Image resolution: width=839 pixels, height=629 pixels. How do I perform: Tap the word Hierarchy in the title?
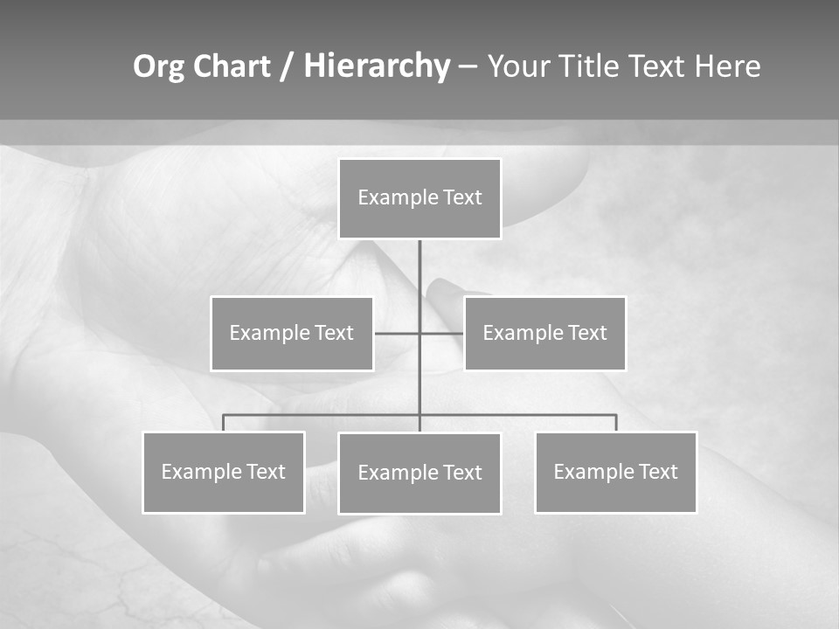(377, 66)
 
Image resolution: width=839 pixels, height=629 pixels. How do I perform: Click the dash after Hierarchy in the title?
(468, 66)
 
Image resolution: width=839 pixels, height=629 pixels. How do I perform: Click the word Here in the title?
(727, 66)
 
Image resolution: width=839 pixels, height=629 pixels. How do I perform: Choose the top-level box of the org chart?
(419, 198)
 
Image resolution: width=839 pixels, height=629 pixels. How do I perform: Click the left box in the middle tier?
(292, 333)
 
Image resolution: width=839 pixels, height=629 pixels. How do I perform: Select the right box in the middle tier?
(544, 333)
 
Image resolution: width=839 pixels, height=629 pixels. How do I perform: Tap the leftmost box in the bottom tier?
(224, 472)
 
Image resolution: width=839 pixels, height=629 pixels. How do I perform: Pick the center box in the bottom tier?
(419, 473)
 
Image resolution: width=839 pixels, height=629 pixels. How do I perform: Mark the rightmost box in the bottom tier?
(615, 472)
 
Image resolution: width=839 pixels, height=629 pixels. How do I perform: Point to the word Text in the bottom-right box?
(657, 472)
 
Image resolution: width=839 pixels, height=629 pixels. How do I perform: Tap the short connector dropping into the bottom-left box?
(224, 423)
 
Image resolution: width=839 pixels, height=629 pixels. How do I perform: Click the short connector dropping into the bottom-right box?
(615, 423)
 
